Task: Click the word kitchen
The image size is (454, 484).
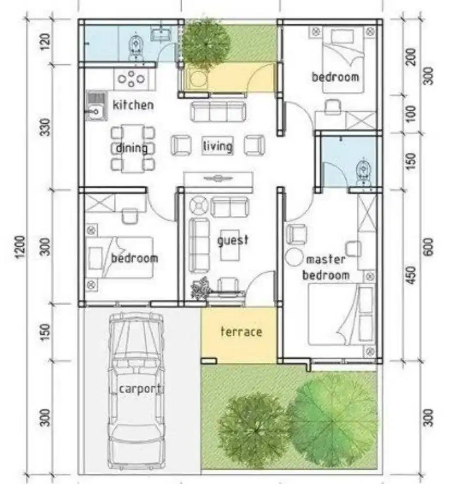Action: (133, 105)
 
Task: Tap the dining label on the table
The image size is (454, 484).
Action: (132, 148)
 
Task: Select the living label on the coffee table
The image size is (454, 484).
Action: (218, 146)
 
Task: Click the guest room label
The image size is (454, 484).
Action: (233, 240)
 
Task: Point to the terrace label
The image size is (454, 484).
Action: (241, 332)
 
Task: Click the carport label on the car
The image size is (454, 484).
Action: (141, 389)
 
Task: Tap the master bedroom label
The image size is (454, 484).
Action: (326, 267)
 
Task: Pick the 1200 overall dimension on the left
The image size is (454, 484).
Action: (20, 247)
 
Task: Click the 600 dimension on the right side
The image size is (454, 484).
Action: (428, 247)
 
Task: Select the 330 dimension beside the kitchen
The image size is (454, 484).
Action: (45, 127)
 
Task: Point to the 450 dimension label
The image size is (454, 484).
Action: (411, 276)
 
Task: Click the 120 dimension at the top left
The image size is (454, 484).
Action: (45, 42)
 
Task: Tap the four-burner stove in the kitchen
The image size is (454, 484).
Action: (131, 79)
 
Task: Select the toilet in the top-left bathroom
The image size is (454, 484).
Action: (136, 48)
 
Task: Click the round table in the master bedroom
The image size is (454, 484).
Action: (294, 257)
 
